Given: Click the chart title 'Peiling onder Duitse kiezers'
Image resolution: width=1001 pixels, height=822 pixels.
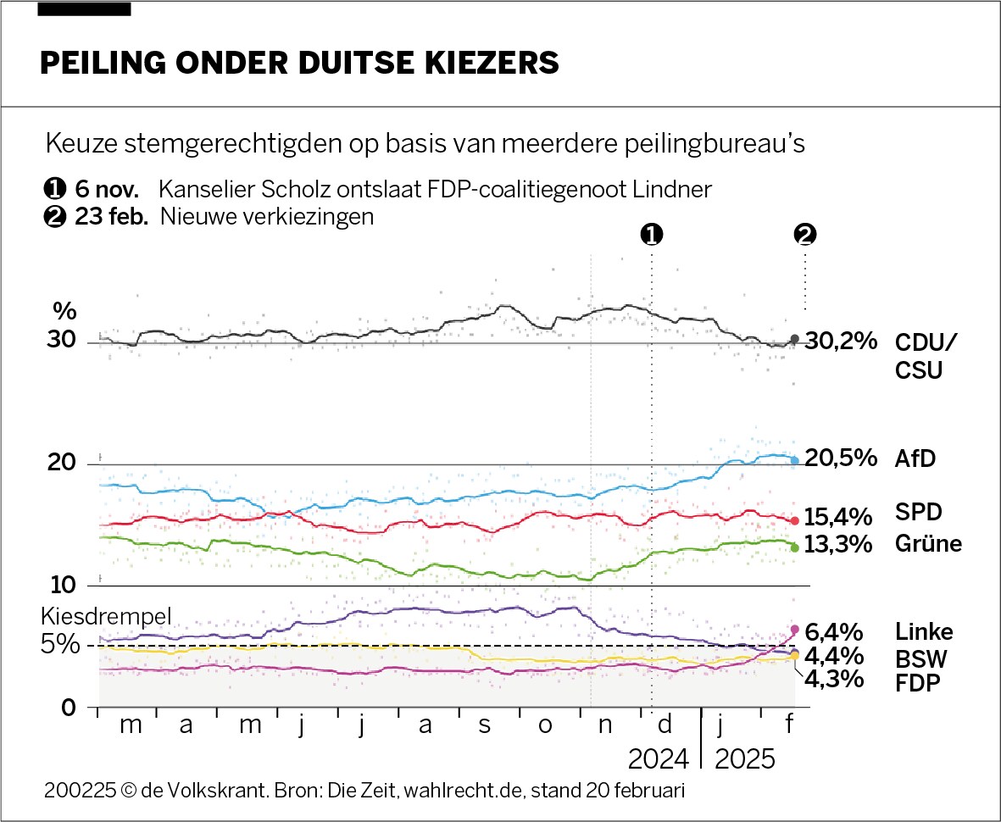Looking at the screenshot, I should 300,64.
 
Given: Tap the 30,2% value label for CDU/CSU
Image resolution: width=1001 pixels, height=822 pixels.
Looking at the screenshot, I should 840,342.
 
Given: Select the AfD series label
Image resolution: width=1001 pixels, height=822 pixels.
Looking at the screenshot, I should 915,458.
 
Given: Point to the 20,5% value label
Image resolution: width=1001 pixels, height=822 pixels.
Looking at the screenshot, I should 841,458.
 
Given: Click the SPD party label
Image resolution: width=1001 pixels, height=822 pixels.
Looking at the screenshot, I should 919,513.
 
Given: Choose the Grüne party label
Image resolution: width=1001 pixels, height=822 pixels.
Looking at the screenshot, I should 928,543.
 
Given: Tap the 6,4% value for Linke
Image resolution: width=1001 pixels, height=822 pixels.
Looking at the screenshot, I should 835,631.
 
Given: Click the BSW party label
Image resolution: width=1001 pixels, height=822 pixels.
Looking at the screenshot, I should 921,659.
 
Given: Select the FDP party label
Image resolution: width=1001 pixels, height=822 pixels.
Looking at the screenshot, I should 919,683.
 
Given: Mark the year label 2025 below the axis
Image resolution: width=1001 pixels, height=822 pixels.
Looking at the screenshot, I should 745,759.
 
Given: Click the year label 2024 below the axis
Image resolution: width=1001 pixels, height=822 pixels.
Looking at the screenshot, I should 659,759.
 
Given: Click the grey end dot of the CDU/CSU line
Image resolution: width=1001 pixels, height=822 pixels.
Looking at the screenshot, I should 794,339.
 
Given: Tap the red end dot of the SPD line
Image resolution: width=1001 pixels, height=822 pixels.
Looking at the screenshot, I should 795,521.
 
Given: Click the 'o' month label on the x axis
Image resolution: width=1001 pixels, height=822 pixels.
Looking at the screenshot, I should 545,725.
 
